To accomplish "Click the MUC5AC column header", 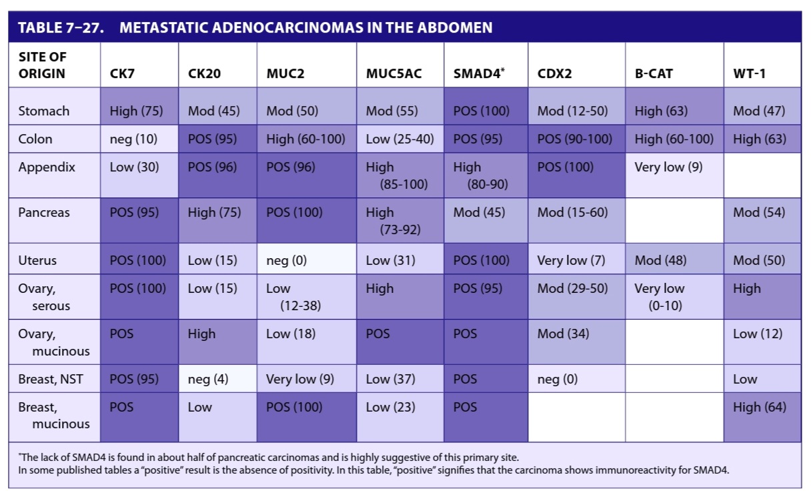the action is point(394,73).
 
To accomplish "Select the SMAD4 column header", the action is point(479,73).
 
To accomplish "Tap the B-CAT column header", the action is point(654,73).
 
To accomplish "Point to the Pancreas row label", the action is point(44,212).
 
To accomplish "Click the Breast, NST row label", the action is point(51,379).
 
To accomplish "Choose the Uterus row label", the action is point(37,260).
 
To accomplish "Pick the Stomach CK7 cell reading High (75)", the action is point(137,111).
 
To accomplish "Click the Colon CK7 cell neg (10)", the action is point(133,139).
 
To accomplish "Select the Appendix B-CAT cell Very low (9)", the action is point(668,167).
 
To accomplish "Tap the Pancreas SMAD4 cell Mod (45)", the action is point(479,212).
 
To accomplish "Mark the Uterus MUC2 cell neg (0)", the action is point(286,260).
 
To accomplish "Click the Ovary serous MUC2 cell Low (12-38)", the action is point(293,297).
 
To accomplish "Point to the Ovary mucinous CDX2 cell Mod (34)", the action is point(563,334).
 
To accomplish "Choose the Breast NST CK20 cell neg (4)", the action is point(208,379).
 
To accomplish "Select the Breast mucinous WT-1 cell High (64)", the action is point(760,407).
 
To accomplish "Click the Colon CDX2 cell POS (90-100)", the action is point(575,139).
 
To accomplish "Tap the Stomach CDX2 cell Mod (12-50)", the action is point(572,111).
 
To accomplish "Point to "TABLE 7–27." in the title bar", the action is point(61,27).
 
